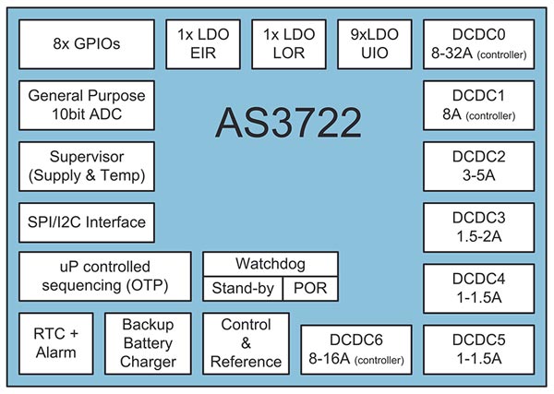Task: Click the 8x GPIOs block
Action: click(88, 42)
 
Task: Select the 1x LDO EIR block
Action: click(205, 42)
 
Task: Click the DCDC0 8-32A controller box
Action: click(477, 42)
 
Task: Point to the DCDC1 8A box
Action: click(477, 103)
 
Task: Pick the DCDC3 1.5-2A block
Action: click(477, 225)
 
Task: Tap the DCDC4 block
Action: click(477, 286)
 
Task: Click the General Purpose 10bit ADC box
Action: click(88, 103)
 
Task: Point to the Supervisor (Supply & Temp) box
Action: click(88, 164)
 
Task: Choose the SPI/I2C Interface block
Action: click(88, 222)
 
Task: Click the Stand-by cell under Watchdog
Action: click(241, 289)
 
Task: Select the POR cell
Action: click(309, 289)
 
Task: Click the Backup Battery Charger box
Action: click(148, 342)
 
